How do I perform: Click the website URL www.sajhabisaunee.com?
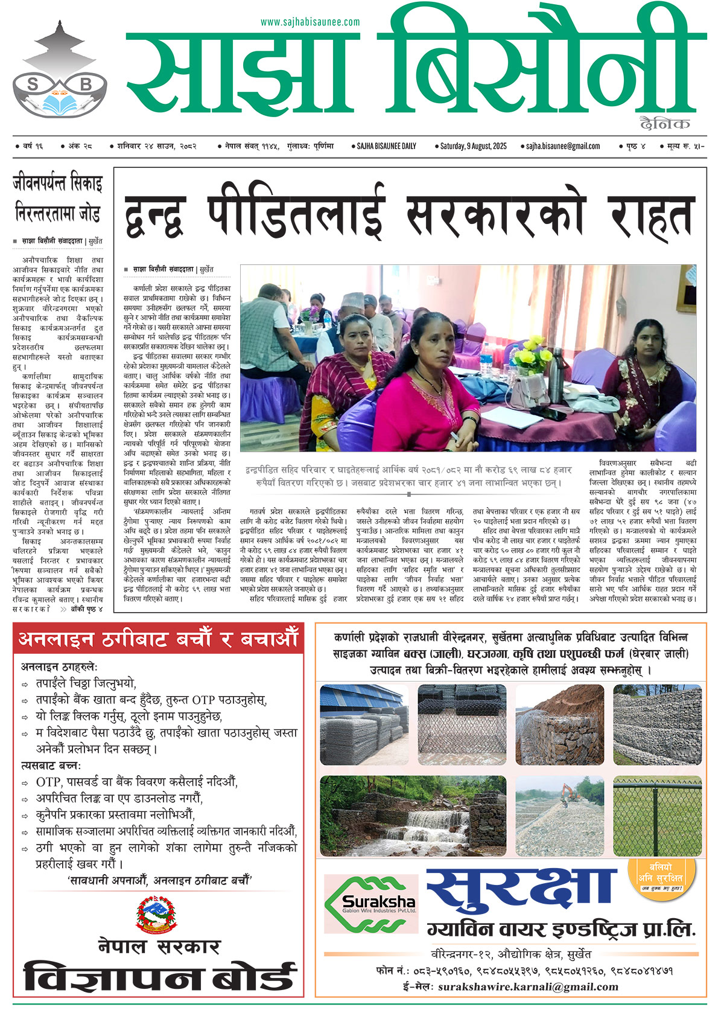(x=310, y=22)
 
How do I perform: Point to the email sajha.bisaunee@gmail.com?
(x=563, y=146)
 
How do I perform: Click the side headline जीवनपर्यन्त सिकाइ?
(x=58, y=184)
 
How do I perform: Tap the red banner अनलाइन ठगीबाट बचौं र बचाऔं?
(x=158, y=639)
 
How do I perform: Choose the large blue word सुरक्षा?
(x=522, y=892)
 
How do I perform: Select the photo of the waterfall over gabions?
(x=413, y=816)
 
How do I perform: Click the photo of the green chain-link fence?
(x=657, y=816)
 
